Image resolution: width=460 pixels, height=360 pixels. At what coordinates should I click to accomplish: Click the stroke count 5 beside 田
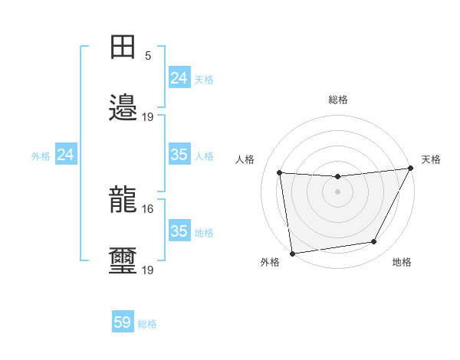[x=148, y=56]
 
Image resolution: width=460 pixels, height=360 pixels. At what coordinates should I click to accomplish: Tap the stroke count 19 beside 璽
[x=148, y=270]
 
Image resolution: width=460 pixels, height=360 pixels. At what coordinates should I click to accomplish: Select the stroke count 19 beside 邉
[x=148, y=116]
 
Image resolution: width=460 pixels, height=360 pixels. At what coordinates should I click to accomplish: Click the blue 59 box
[x=123, y=322]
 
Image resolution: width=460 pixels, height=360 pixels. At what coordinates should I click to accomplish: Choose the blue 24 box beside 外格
[x=66, y=155]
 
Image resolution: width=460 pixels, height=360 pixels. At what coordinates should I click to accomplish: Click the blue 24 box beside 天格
[x=179, y=78]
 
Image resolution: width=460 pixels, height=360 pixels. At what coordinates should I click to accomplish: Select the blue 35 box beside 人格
[x=179, y=155]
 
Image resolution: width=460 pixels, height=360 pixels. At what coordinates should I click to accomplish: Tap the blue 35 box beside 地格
[x=179, y=231]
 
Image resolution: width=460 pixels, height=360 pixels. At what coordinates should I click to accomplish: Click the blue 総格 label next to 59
[x=147, y=324]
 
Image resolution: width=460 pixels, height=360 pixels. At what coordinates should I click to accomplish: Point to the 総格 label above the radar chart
[x=337, y=100]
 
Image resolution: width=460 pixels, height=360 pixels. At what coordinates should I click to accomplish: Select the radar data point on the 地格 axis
[x=374, y=242]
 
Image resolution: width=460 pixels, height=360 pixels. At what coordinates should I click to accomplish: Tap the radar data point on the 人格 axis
[x=280, y=173]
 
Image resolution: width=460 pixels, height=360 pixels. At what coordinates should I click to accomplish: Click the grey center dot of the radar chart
[x=337, y=191]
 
